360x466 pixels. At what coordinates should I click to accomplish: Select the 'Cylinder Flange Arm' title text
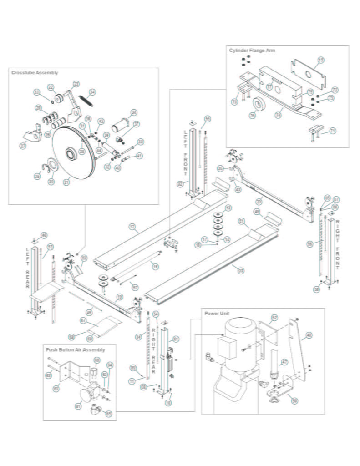point(252,50)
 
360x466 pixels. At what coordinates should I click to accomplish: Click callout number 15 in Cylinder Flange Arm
point(320,60)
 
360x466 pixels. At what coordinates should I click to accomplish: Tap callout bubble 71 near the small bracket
point(332,131)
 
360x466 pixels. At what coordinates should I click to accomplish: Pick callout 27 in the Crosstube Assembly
point(23,147)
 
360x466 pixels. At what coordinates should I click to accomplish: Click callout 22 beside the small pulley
point(51,87)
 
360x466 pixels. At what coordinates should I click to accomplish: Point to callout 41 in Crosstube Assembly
point(139,156)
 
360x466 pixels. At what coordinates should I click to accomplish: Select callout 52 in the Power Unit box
point(274,317)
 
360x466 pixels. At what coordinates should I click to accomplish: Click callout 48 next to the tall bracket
point(309,335)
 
